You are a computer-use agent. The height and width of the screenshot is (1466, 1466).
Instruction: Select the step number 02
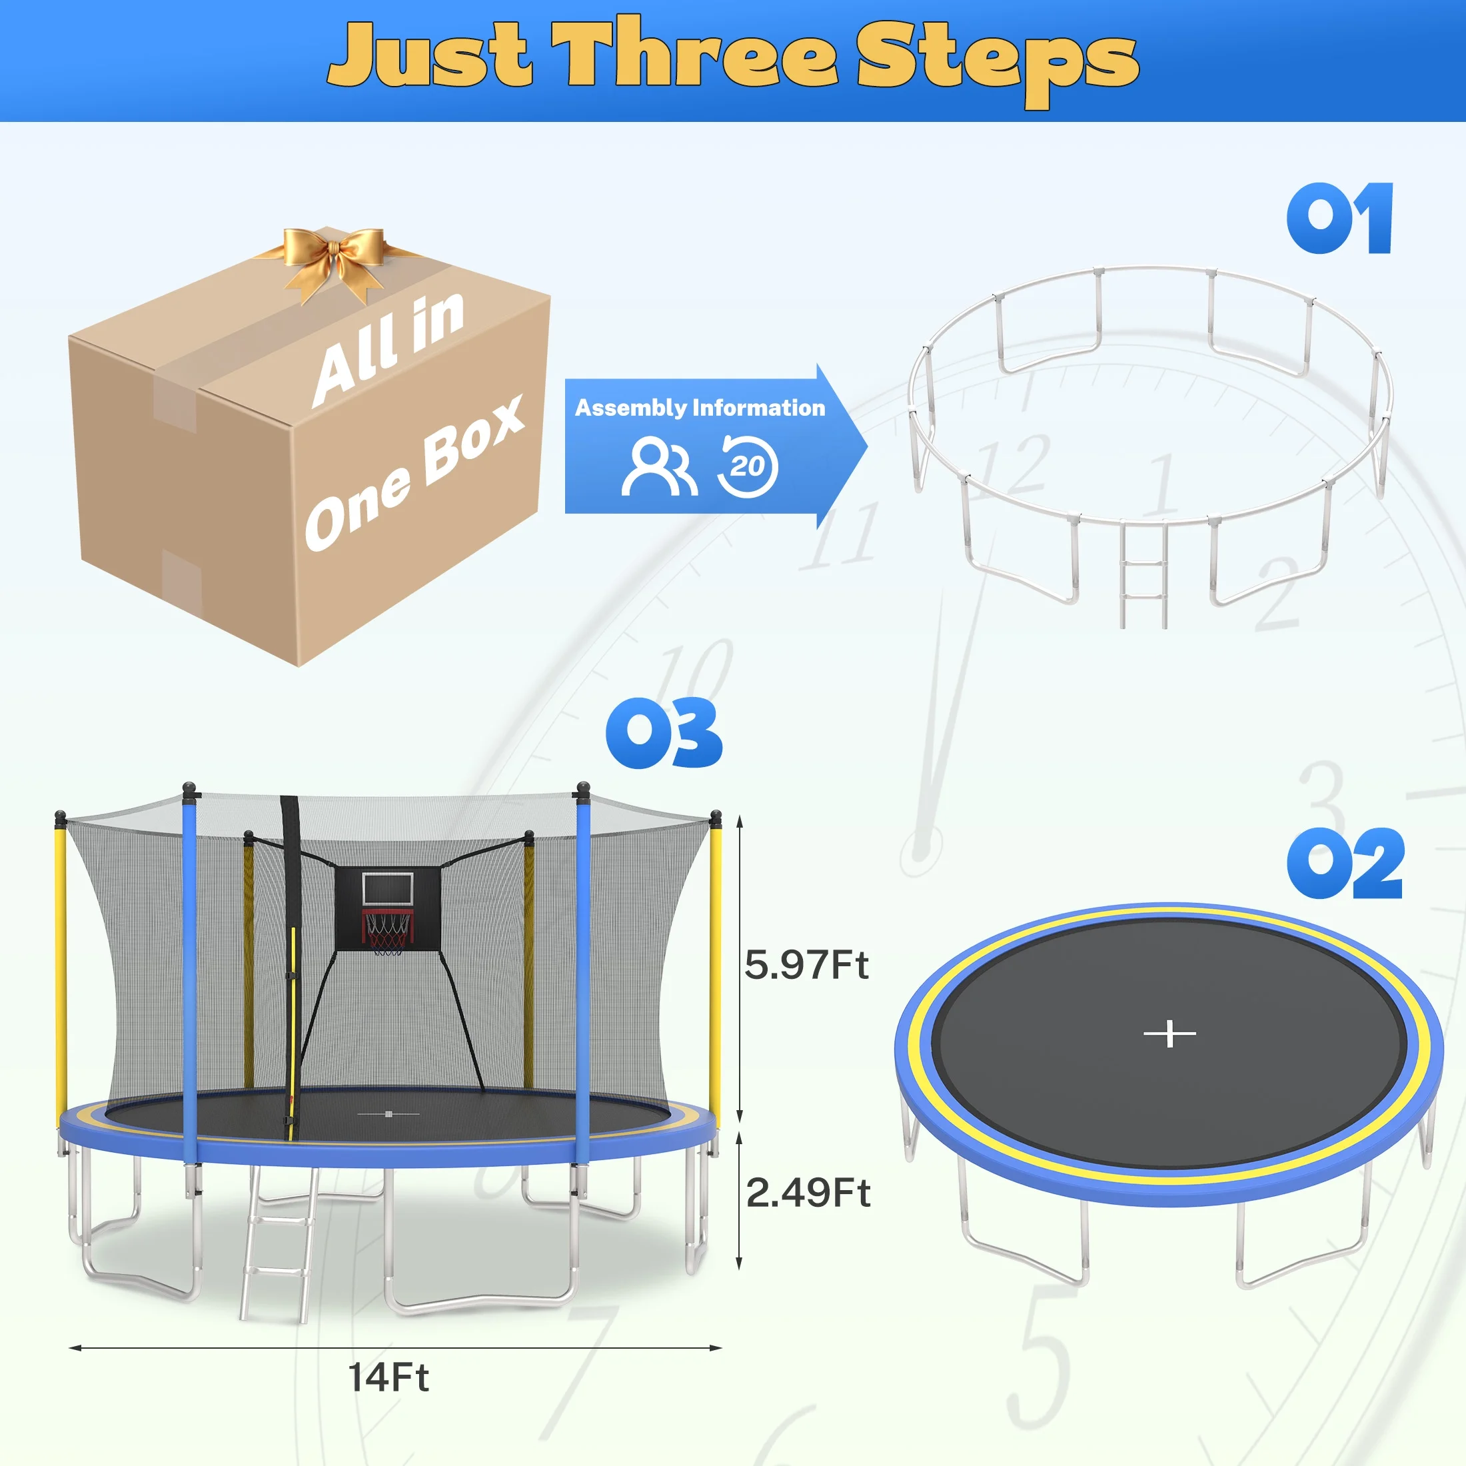tap(1345, 864)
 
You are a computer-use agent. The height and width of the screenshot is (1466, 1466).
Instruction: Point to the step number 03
tap(664, 733)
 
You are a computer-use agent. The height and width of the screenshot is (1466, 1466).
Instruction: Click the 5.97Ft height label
tap(806, 965)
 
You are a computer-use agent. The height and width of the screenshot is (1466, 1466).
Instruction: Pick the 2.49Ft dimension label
tap(808, 1193)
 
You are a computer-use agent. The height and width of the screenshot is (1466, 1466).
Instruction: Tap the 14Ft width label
tap(388, 1399)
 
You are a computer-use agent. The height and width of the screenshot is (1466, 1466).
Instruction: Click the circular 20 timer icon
tap(748, 465)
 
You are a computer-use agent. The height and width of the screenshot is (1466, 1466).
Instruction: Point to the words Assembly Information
tap(700, 408)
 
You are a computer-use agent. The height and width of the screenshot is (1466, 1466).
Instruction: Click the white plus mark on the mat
tap(1169, 1034)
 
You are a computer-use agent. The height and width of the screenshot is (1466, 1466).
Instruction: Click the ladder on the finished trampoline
tap(278, 1243)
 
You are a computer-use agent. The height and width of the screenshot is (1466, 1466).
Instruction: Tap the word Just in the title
tap(430, 55)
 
